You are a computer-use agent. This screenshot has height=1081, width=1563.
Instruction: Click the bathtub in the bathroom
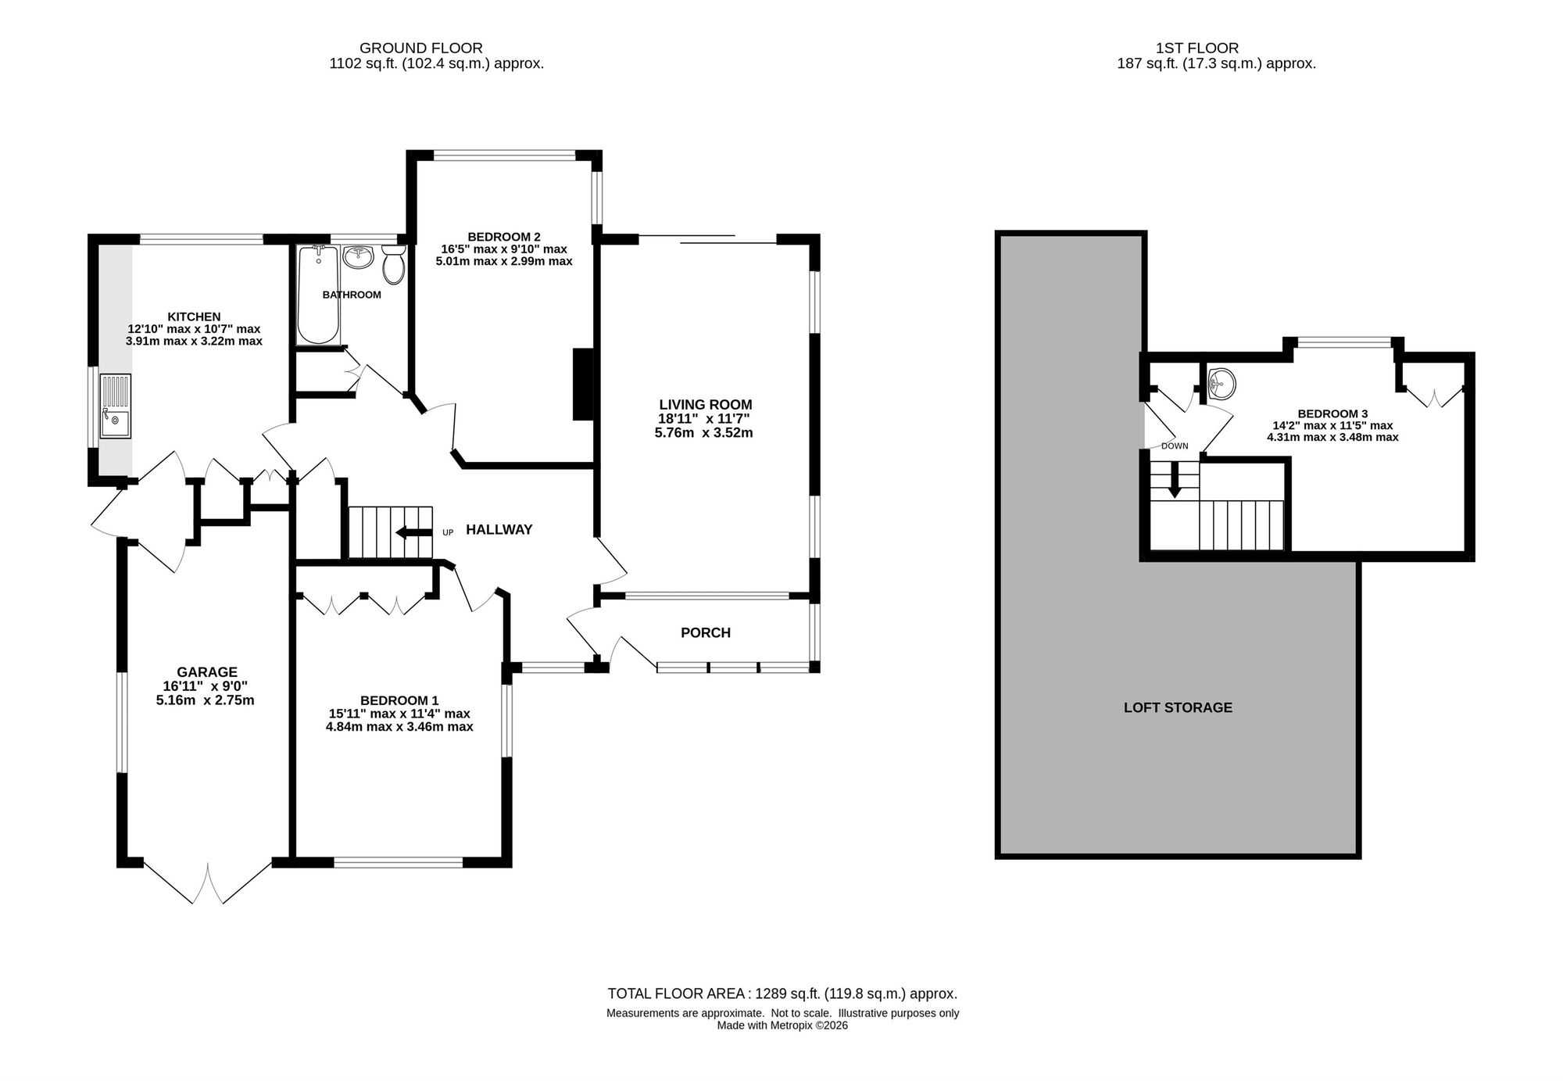point(318,295)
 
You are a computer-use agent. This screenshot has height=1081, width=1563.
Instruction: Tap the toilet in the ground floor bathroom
point(394,264)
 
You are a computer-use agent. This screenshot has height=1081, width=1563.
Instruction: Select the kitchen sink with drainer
point(116,406)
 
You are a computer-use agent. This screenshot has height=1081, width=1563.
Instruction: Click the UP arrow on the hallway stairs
point(413,533)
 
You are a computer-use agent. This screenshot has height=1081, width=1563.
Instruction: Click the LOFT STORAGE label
point(1178,707)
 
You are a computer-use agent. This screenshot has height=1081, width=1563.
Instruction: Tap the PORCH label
point(706,632)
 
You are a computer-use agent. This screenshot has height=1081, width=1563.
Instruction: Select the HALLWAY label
point(499,529)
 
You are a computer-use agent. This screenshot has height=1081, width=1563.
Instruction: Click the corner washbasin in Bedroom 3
point(1220,383)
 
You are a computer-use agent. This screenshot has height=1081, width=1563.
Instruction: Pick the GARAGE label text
point(207,672)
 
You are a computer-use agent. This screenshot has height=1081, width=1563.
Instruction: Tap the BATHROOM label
point(352,295)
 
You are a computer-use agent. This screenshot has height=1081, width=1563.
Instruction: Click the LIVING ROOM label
point(706,404)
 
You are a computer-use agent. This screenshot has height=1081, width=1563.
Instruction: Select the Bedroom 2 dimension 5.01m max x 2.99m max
point(504,261)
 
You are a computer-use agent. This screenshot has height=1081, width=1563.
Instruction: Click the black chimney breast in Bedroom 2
point(583,385)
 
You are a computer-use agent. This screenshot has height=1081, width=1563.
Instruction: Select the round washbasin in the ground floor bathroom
point(359,256)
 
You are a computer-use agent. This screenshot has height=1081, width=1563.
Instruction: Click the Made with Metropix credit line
point(782,1026)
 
